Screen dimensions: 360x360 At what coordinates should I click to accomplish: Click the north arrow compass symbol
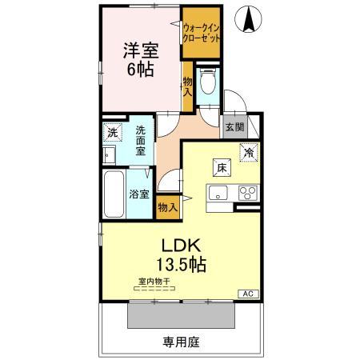(x=248, y=19)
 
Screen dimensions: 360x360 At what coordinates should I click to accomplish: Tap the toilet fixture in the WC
(x=208, y=81)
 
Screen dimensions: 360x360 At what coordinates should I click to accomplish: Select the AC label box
(x=248, y=294)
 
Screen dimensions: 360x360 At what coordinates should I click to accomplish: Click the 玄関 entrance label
(x=235, y=127)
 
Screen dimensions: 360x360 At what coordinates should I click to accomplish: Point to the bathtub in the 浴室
(x=114, y=194)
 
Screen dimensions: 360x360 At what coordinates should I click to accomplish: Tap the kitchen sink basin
(x=218, y=193)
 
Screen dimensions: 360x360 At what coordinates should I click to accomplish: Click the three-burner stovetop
(x=248, y=193)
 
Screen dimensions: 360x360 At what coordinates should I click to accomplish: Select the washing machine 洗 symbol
(x=113, y=132)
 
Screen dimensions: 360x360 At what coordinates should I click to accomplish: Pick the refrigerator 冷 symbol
(x=249, y=153)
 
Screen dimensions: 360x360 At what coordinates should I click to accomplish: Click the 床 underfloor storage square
(x=222, y=168)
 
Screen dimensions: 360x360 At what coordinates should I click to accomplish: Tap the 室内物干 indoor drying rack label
(x=154, y=282)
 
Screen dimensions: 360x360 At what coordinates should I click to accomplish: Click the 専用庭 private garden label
(x=182, y=342)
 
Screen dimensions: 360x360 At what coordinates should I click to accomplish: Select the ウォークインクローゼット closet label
(x=202, y=33)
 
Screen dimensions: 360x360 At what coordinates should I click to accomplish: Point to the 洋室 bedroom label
(x=141, y=50)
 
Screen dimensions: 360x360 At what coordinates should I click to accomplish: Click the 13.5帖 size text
(x=181, y=264)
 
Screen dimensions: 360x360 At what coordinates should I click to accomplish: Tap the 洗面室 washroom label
(x=141, y=141)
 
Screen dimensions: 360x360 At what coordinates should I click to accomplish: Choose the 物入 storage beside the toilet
(x=187, y=87)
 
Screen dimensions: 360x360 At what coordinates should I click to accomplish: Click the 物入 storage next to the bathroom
(x=168, y=207)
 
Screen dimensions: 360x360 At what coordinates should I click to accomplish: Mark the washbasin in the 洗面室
(x=109, y=154)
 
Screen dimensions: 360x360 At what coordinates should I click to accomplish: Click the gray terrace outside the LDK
(x=181, y=315)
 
